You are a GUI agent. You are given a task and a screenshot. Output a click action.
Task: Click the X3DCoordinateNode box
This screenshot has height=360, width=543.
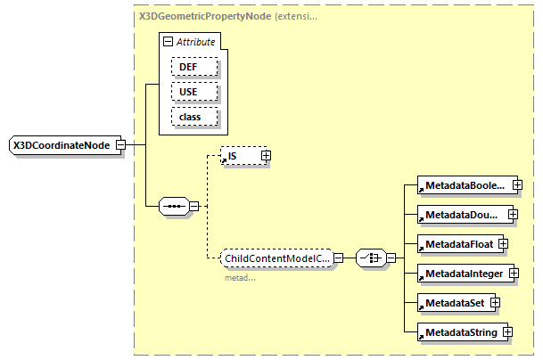pos(60,146)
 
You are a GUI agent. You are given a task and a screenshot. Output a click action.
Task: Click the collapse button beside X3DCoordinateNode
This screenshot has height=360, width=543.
pos(120,146)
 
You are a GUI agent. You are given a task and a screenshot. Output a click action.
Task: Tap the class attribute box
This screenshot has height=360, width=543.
pos(187,117)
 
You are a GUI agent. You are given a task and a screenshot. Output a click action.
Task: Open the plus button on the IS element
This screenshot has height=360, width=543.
pos(266,156)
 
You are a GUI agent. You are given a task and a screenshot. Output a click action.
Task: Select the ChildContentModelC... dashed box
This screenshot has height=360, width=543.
pos(276,258)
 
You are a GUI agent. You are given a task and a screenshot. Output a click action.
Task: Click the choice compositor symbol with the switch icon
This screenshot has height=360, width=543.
pos(369,258)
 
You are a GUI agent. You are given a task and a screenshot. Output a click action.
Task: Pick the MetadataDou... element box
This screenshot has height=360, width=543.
pos(462,215)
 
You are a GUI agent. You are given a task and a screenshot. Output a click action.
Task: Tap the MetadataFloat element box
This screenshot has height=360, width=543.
pos(457,243)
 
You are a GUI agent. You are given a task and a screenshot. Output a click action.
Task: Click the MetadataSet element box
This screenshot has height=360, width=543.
pos(453,302)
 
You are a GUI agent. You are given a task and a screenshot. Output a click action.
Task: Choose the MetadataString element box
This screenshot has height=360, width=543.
pos(458,331)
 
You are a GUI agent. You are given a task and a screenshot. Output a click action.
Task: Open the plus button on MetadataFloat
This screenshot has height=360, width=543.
pos(503,243)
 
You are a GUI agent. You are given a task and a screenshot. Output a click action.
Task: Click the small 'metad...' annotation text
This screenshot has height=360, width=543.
pos(239,277)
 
